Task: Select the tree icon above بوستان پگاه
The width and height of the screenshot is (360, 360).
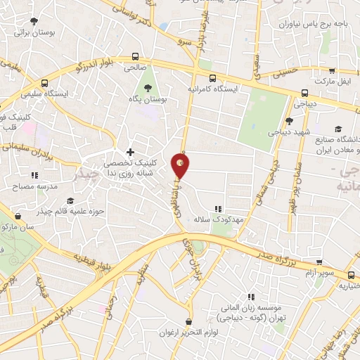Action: (x=148, y=88)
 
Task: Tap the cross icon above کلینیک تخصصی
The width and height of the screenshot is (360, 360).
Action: (x=130, y=151)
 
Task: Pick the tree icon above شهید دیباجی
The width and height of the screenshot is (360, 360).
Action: (x=290, y=120)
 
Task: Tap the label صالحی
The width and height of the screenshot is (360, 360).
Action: (x=134, y=68)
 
